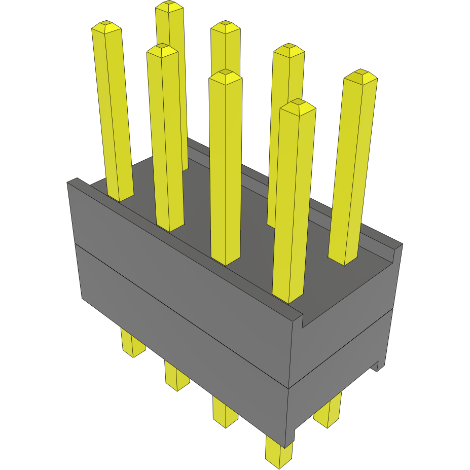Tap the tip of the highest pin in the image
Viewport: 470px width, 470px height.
169,6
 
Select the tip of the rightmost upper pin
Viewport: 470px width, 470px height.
360,74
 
